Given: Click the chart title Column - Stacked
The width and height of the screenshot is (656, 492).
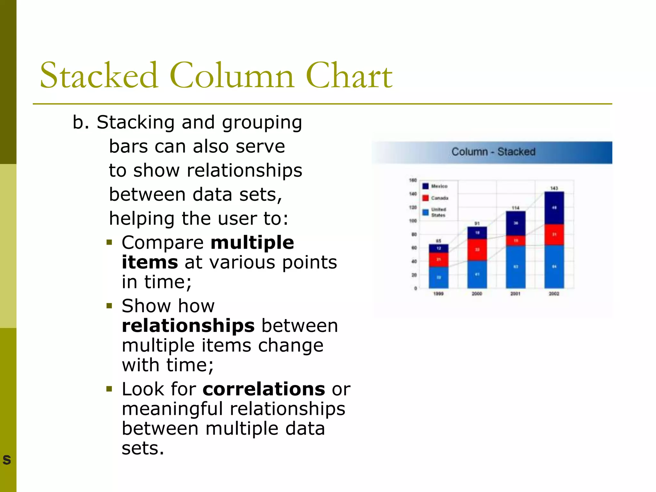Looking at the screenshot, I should [493, 152].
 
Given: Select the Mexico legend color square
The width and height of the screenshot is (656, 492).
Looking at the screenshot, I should [425, 186].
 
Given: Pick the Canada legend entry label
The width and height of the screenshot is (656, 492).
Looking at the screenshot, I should [439, 198].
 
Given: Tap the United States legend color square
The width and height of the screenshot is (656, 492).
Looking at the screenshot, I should [425, 212].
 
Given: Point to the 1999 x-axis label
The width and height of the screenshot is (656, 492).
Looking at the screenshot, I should [438, 293].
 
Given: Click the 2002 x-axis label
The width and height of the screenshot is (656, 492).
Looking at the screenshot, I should [554, 293].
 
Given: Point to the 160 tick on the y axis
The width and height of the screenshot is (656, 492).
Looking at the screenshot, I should [413, 180].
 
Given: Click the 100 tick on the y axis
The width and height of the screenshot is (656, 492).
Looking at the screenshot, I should [413, 221].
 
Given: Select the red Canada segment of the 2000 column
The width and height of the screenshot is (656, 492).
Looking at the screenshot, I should [477, 250].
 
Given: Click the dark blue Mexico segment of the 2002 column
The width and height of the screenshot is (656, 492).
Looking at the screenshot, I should [554, 208].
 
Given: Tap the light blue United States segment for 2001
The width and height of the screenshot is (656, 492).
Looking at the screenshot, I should [515, 266].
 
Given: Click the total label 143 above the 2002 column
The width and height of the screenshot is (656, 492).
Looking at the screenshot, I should [554, 188].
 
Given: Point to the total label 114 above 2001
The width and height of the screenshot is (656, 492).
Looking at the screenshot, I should [515, 208].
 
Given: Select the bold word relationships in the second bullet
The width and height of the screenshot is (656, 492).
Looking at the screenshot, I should [188, 326].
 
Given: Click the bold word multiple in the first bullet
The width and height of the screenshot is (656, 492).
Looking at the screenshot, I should [252, 242].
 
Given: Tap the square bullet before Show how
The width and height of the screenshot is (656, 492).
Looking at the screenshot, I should [110, 306].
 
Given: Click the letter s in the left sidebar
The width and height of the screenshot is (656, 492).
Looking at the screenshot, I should [7, 460].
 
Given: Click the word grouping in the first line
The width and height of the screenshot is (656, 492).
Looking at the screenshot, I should [262, 123].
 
